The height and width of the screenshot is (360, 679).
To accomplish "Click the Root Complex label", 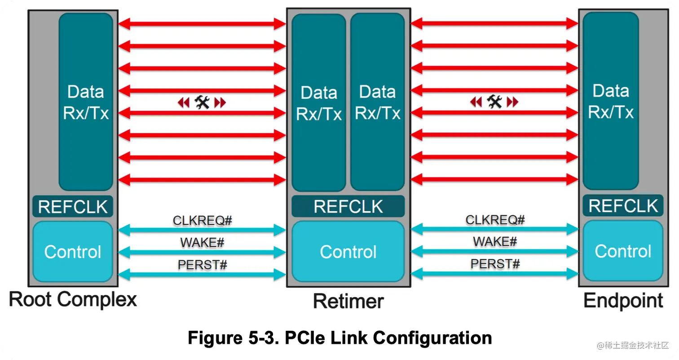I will click(x=73, y=300).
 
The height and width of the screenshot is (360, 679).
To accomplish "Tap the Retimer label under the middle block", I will click(x=348, y=301).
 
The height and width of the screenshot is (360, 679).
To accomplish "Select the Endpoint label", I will click(x=623, y=301).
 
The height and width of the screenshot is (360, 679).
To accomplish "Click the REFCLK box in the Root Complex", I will click(x=73, y=207).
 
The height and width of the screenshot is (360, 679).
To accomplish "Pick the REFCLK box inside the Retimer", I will click(x=348, y=207).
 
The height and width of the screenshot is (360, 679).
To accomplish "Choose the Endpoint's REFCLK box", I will click(x=623, y=206).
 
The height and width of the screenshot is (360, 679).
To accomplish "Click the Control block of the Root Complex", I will click(x=73, y=252).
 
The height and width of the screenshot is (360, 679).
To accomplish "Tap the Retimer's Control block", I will click(x=348, y=252).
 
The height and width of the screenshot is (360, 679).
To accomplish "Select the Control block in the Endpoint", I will click(x=623, y=251).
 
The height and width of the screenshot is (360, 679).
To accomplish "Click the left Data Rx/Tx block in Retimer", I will click(x=319, y=103).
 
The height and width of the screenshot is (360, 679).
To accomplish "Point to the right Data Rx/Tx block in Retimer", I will click(x=377, y=103).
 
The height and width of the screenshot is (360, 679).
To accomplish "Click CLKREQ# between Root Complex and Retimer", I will click(x=202, y=221).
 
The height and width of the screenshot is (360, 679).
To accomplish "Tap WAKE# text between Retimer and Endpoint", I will click(x=494, y=242).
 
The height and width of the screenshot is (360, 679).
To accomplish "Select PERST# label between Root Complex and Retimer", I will click(x=202, y=265).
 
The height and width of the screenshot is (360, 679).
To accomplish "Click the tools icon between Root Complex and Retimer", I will click(x=202, y=103).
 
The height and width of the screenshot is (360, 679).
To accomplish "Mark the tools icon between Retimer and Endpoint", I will click(x=494, y=102).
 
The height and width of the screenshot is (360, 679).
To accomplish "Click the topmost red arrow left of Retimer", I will click(x=202, y=24).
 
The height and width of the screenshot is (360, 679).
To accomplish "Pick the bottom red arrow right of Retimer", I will click(x=494, y=179).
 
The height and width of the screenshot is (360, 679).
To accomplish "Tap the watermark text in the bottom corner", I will click(x=633, y=345).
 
